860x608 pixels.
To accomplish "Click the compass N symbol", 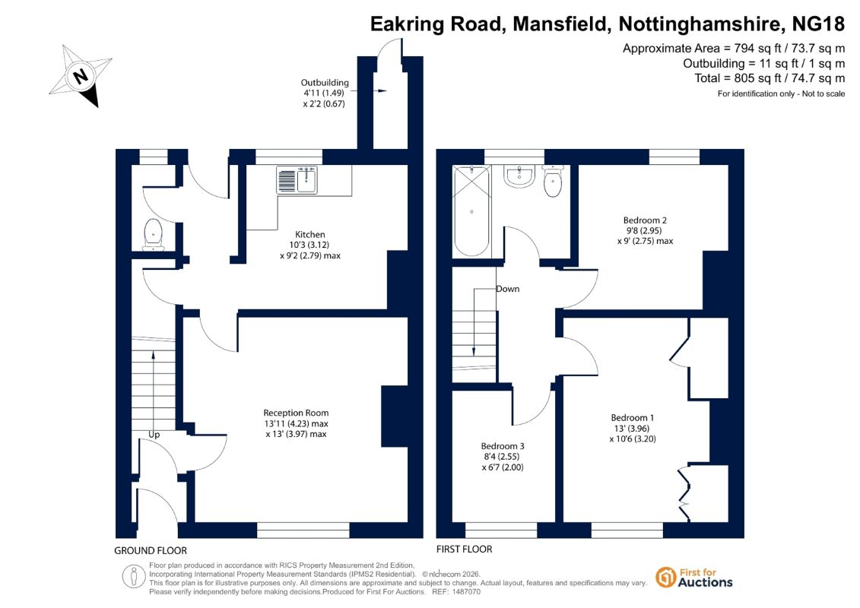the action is tap(80, 75).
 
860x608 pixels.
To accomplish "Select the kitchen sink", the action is tap(297, 180).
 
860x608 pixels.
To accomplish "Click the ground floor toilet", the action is tap(154, 235).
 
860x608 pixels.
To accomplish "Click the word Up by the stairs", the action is tap(154, 435).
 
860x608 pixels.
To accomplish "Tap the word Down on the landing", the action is tap(507, 289).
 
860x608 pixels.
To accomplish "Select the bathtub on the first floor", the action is tap(471, 211).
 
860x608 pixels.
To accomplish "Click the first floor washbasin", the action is tap(519, 176).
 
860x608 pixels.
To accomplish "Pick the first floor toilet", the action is tap(553, 180).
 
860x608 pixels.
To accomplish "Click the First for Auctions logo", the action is tap(694, 578).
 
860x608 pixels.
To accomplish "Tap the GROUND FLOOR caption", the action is tap(151, 550).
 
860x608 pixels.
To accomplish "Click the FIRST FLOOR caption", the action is tap(464, 549).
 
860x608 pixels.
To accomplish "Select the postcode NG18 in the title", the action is tap(819, 24).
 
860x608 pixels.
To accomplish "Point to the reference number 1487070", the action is tap(465, 592).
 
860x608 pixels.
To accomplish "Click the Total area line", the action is tap(770, 78).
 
